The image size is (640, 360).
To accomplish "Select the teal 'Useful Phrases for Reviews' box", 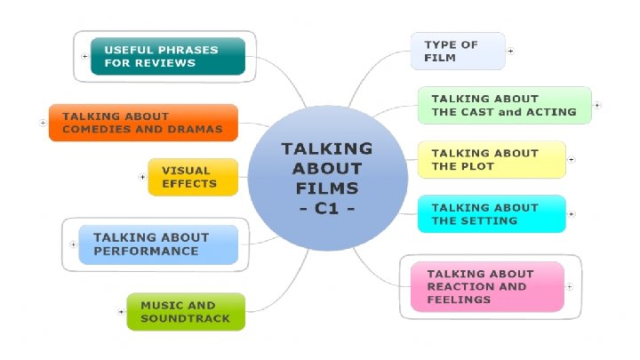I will coord(168,56).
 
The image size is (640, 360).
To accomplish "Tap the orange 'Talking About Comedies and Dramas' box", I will coord(143,123).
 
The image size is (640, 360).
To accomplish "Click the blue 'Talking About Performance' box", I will coord(158,244).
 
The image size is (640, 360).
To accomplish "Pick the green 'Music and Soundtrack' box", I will coord(185,311).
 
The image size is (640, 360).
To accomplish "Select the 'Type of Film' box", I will coord(457,51).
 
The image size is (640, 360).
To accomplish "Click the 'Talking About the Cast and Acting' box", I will coord(504,105).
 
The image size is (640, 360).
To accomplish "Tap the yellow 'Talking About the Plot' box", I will coord(491,159).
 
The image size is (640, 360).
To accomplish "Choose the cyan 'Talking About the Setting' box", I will coord(491,213).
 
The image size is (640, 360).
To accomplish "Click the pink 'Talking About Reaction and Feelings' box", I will coord(486,286).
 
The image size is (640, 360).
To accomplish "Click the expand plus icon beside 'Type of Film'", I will coord(510,51).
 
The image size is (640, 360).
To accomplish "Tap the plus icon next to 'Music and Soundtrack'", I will coord(121,312).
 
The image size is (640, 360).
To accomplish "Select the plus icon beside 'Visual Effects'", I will coord(142,177).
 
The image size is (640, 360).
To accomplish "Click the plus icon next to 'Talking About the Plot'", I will coord(571,160).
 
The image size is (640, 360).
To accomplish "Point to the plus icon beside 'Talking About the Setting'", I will coord(571,214).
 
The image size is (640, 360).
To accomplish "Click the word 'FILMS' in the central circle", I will coord(327,188).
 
